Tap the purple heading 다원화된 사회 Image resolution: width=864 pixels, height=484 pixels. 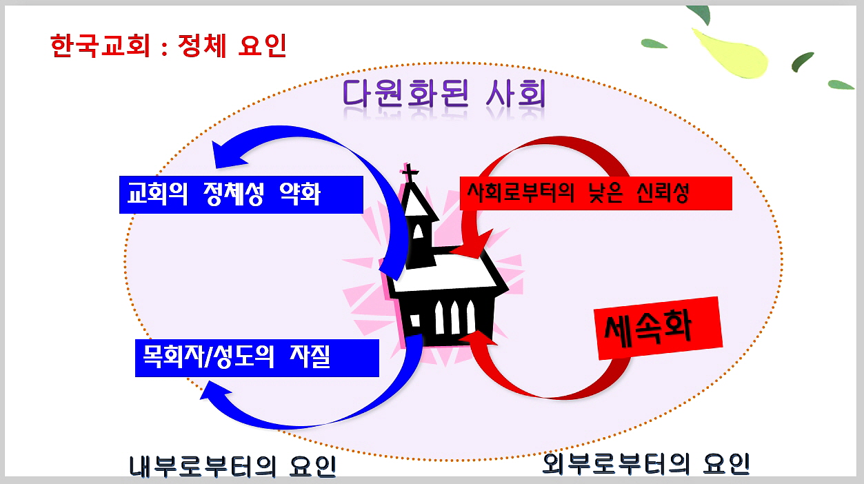[445, 97]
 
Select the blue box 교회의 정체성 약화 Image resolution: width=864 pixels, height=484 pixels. [241, 194]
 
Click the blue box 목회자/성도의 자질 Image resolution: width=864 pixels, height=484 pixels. [257, 357]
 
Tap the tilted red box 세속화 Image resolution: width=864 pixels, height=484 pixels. [658, 329]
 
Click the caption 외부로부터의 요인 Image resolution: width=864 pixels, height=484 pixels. [646, 463]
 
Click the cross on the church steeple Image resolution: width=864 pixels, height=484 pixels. [410, 173]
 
